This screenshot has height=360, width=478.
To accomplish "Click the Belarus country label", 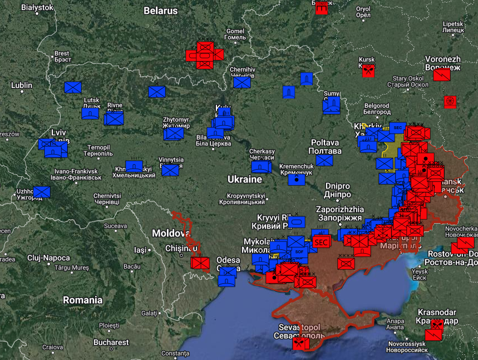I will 160,11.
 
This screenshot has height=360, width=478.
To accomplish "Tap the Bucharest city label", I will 111,342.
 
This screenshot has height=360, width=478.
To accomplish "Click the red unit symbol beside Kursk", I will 368,71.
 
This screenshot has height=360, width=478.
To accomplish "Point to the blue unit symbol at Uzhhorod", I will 41,192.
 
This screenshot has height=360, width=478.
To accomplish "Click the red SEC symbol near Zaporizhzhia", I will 321,242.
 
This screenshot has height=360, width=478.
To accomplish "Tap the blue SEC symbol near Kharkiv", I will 397,127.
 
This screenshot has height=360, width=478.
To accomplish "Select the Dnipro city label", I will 338,186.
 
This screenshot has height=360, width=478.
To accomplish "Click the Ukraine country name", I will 244,179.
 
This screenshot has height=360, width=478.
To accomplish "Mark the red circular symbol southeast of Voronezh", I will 450,101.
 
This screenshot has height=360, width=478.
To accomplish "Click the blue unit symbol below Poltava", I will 324,160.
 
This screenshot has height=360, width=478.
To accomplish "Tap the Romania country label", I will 82,300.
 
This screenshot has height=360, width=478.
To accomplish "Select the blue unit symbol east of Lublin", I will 72,87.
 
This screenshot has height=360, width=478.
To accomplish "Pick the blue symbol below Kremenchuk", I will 297,180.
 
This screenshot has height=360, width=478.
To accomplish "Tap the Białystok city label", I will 37,7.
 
